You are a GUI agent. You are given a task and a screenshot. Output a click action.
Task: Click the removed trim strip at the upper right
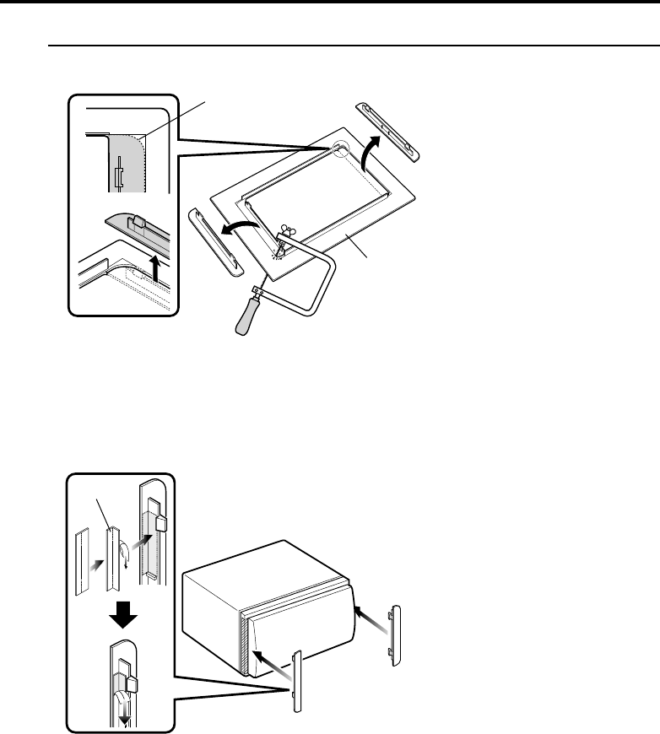(x=387, y=131)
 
